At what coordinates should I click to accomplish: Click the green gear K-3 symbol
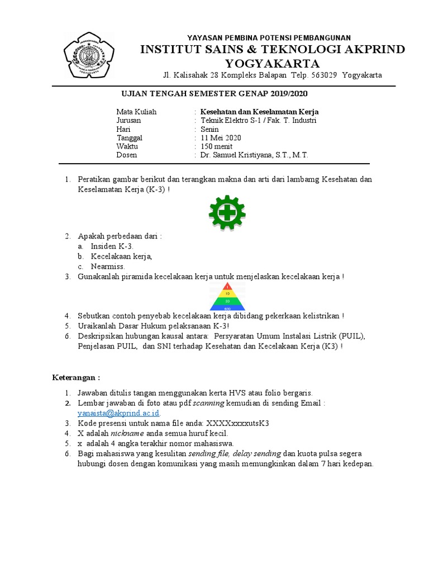[227, 213]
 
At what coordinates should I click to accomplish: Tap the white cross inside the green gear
[227, 212]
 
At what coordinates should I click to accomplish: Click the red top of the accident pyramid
[227, 287]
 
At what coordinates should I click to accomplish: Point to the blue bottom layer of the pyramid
[227, 307]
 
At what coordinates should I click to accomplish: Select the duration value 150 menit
[218, 146]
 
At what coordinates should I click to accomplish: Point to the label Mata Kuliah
[136, 112]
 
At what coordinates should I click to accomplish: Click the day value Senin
[210, 129]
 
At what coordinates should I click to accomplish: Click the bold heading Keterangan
[75, 378]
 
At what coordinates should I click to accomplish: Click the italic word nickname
[128, 433]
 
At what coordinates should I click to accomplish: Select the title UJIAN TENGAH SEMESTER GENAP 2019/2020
[214, 94]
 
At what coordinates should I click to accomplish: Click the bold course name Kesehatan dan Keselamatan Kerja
[259, 112]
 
